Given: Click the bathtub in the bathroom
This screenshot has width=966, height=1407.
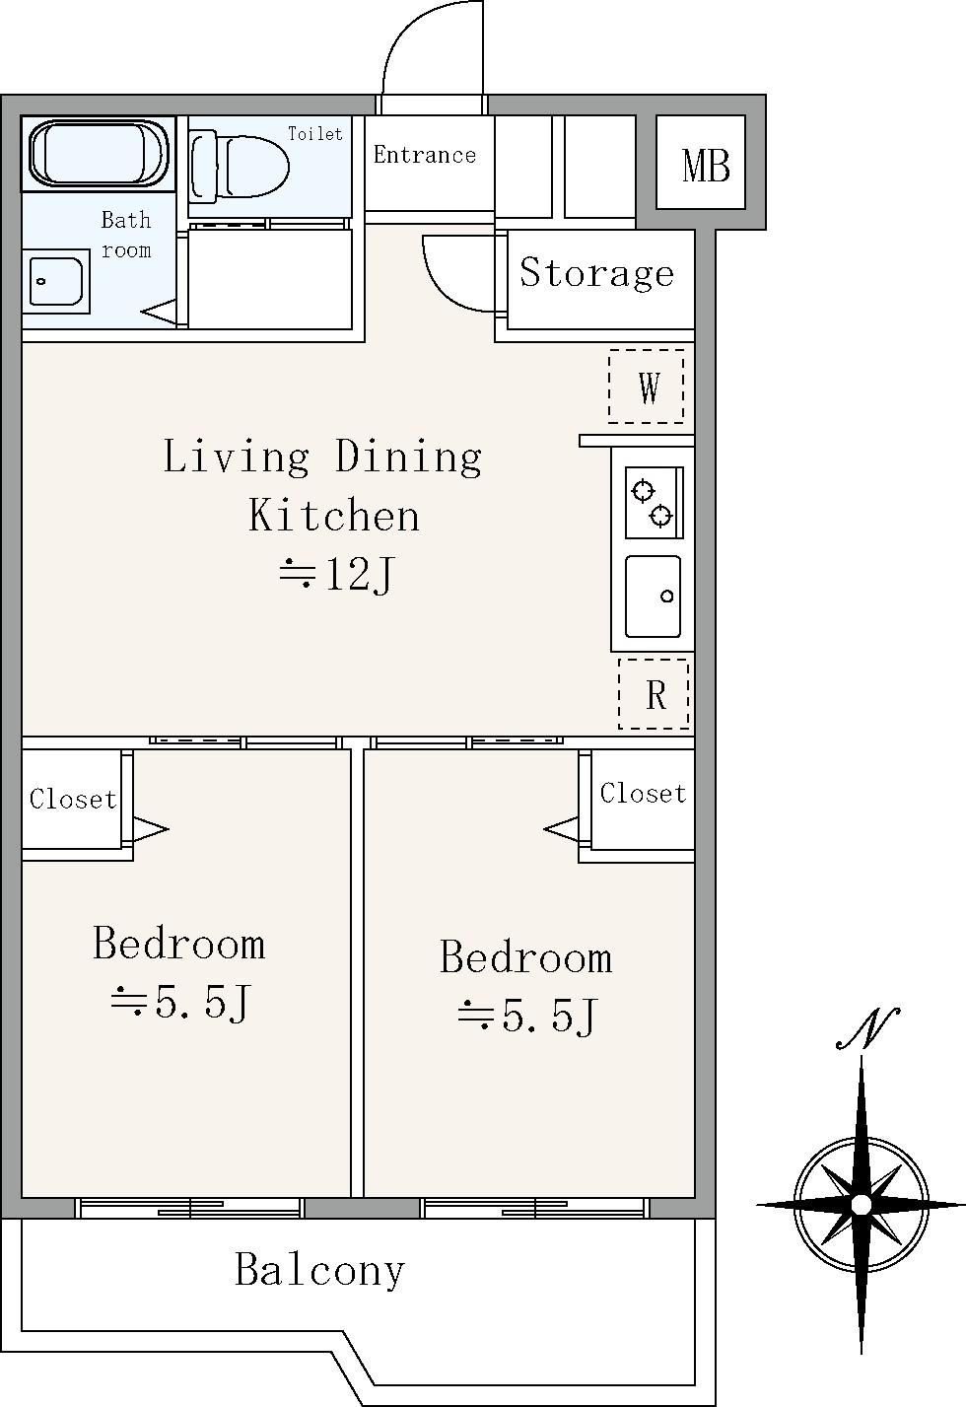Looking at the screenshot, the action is [99, 154].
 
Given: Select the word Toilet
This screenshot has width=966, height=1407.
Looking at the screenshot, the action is [315, 134].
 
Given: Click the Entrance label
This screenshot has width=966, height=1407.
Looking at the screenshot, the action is [425, 155].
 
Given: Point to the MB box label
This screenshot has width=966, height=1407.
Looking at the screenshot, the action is [706, 166].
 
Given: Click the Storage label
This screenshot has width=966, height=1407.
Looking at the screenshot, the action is [596, 273].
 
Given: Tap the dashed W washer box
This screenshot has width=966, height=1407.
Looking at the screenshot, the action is [646, 386].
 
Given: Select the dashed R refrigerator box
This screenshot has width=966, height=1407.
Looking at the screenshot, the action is [654, 693].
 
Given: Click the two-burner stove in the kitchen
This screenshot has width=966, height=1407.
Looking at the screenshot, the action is [654, 503].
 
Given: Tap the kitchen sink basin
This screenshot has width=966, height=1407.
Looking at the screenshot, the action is [654, 597].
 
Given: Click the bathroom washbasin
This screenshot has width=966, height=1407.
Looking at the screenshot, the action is [56, 282].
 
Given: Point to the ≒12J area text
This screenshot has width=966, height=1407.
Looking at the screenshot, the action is [337, 574].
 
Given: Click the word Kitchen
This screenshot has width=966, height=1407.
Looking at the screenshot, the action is [334, 516].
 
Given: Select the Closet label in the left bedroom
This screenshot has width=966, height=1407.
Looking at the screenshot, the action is [73, 800].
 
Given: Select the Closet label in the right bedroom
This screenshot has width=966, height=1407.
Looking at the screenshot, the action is [643, 794].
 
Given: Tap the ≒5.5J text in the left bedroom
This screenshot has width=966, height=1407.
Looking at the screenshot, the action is [181, 1002].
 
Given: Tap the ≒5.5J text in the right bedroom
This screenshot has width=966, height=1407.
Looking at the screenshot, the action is [527, 1016].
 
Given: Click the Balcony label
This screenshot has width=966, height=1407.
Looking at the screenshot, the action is [320, 1270].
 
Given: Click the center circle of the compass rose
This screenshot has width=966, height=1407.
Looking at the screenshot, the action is [862, 1205].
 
